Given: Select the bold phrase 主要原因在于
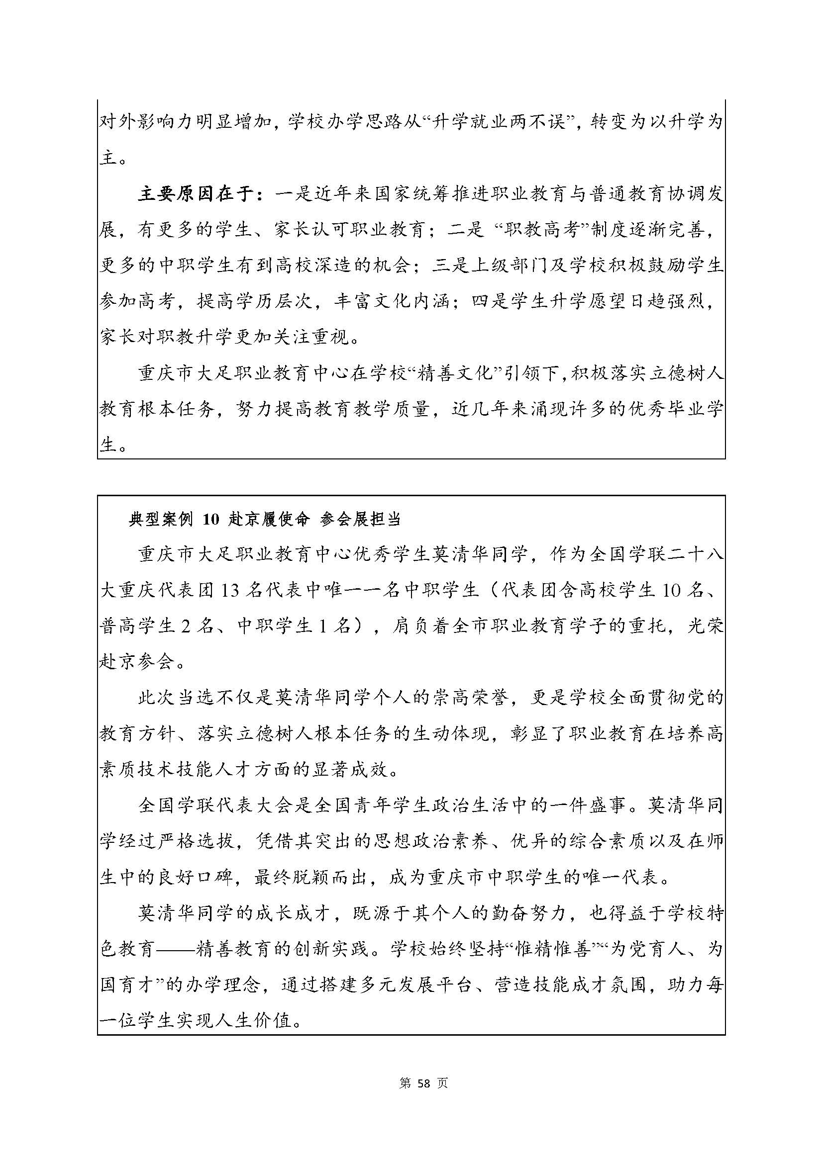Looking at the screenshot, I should (x=196, y=195).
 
